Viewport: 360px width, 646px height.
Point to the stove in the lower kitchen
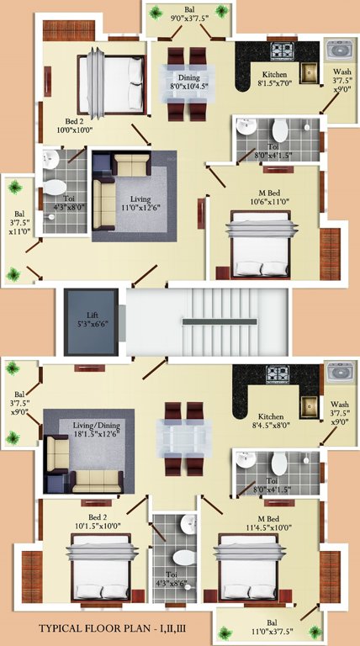click(278, 373)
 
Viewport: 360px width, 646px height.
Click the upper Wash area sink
click(339, 48)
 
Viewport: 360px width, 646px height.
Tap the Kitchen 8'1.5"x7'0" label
click(278, 80)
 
